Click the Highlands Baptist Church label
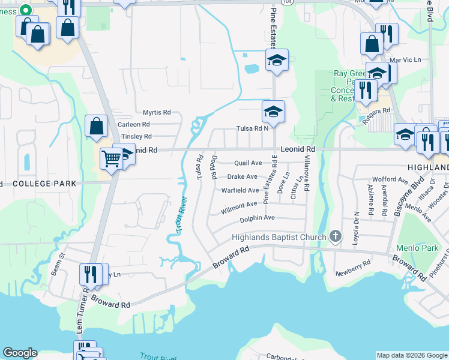click(279, 237)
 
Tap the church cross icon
click(335, 237)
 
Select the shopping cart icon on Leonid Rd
click(111, 159)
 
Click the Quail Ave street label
click(248, 163)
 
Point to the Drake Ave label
click(243, 177)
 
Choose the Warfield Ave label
click(240, 190)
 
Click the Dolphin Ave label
click(258, 218)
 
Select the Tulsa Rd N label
click(253, 128)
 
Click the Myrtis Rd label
click(157, 112)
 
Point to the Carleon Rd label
click(134, 124)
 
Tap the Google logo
click(20, 353)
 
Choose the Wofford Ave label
click(389, 179)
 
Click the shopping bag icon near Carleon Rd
click(96, 127)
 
